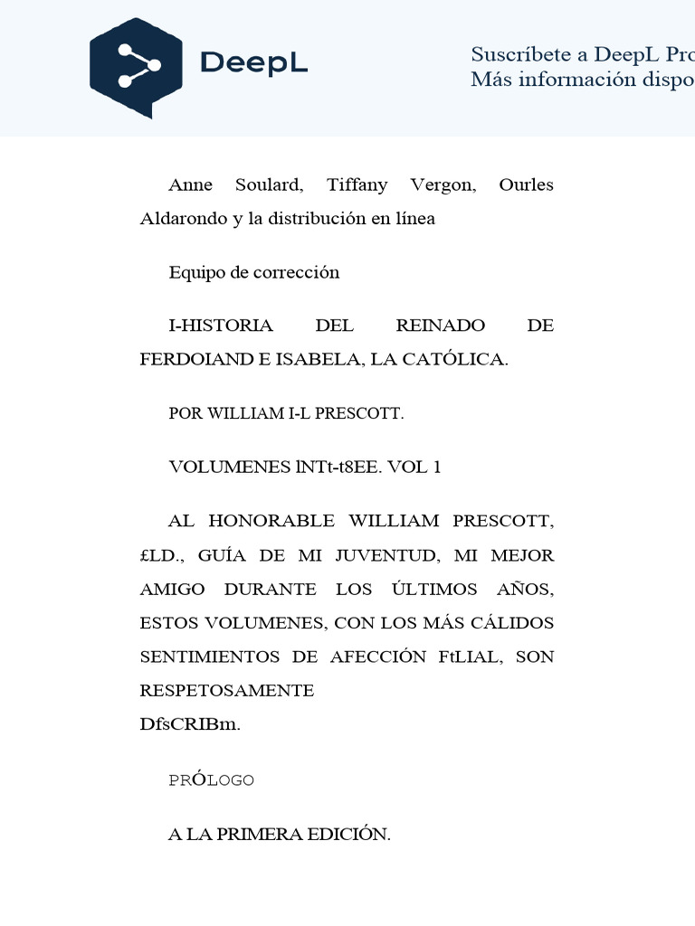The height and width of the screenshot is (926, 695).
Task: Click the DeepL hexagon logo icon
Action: [136, 66]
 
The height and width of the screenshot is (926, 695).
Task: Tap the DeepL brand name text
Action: [253, 63]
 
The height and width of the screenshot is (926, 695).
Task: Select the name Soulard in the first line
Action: [269, 185]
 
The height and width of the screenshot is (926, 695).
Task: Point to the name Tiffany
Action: [357, 185]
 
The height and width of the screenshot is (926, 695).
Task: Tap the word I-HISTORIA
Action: [220, 326]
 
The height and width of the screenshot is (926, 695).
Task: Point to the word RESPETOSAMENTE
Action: [227, 691]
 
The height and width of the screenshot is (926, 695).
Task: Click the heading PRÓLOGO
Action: [211, 780]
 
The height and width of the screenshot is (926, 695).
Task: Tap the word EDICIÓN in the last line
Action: [347, 835]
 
